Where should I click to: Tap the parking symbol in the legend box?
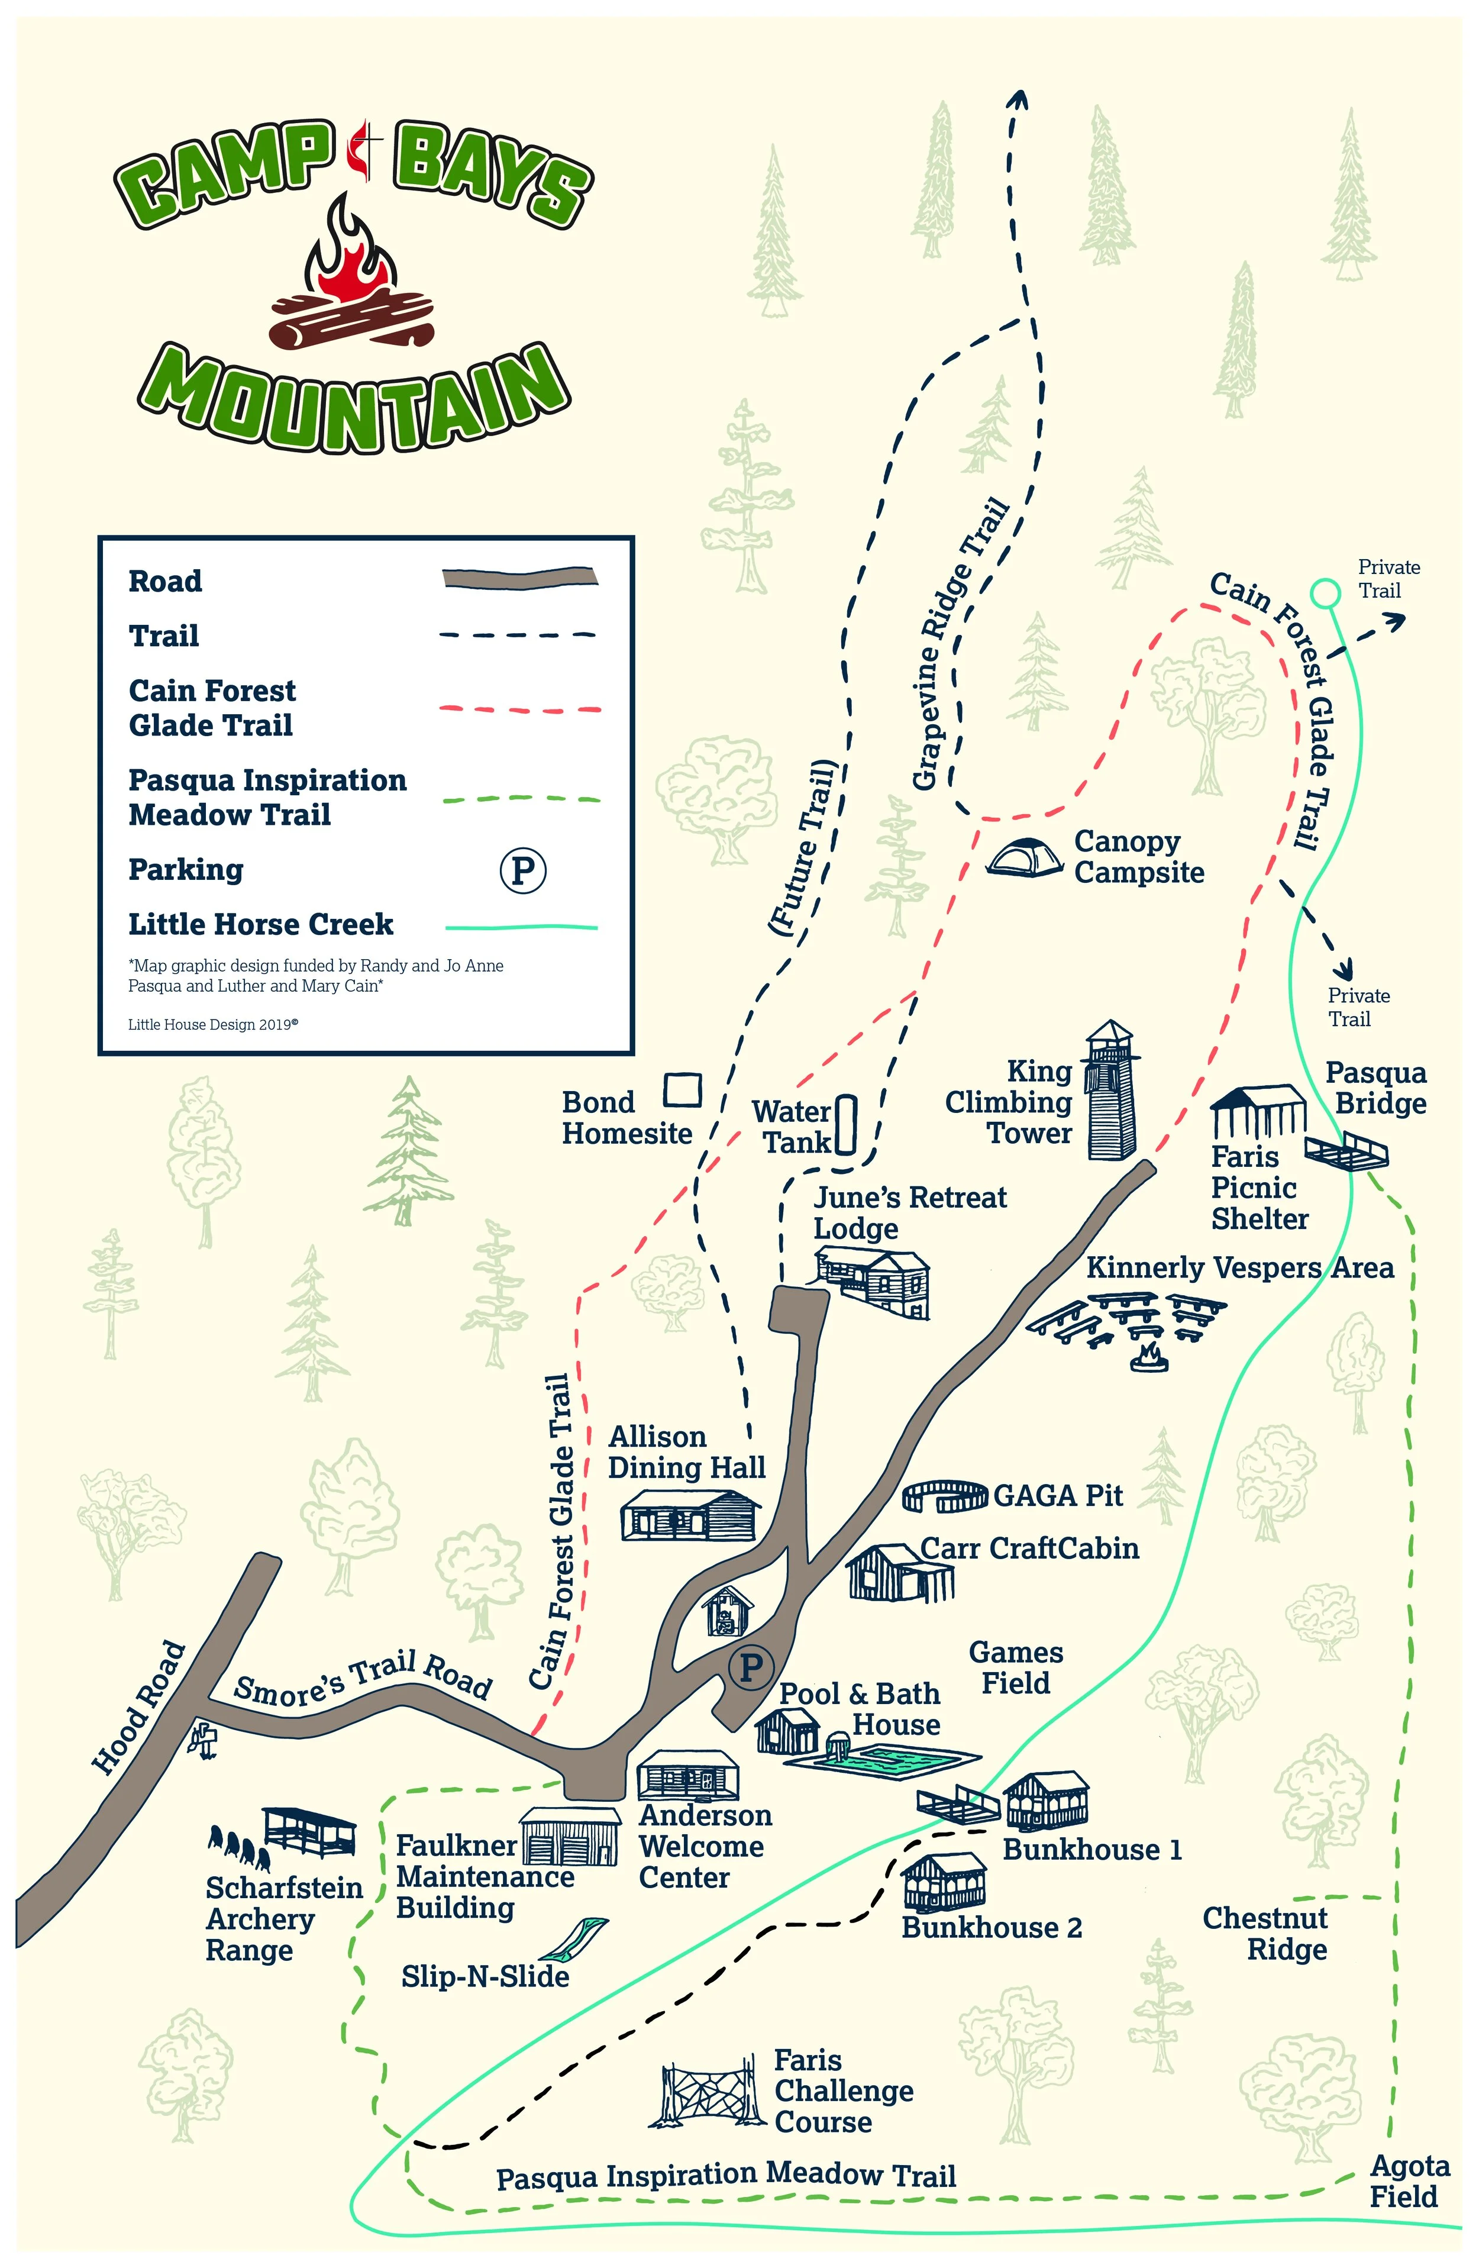(522, 869)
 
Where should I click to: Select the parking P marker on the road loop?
(750, 1667)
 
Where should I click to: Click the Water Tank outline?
(846, 1124)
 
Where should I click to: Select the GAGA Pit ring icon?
(944, 1495)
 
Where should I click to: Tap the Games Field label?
(1016, 1667)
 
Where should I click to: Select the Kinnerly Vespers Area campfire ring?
(1150, 1357)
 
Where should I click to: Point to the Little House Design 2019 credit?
(214, 1024)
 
